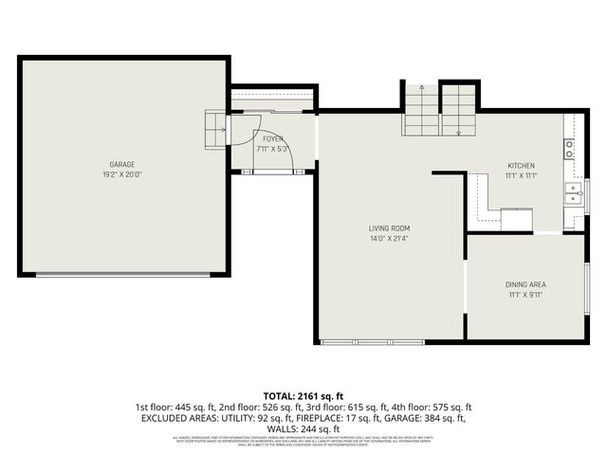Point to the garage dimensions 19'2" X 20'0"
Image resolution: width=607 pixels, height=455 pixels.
121,175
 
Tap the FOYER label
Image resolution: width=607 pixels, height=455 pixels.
273,139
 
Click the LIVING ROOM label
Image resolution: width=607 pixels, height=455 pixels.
389,228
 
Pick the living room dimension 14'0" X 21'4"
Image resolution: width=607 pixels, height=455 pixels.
389,239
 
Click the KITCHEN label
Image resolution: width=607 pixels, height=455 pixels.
522,165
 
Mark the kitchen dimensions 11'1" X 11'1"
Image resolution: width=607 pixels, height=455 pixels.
522,175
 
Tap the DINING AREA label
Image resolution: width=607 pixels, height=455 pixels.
526,284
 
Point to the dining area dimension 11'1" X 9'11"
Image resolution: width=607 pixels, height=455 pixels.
526,295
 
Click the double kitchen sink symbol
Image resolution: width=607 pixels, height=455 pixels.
575,194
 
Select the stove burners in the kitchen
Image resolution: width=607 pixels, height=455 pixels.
569,149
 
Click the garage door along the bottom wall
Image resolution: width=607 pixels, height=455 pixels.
123,274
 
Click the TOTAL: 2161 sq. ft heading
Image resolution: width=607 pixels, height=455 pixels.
303,395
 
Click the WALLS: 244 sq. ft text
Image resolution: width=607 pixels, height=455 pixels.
303,428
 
